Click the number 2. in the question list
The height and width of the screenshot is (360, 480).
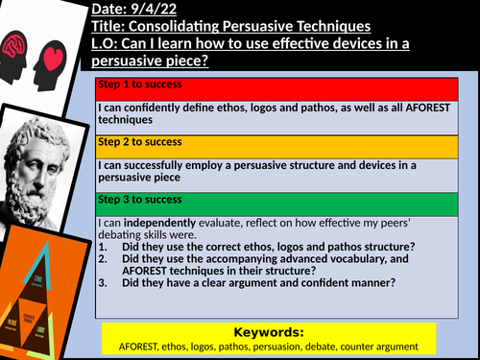103,258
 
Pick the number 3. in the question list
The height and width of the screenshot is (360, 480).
103,283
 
